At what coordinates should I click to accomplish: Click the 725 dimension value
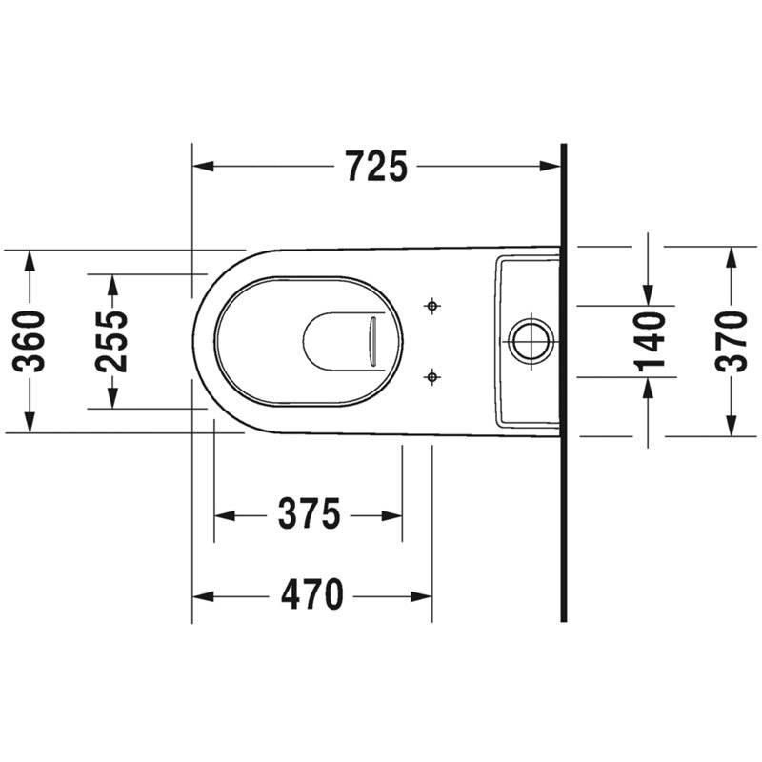tap(376, 166)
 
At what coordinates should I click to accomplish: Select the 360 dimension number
tap(30, 341)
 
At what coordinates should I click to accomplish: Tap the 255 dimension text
tap(112, 341)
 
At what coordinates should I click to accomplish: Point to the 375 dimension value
tap(309, 513)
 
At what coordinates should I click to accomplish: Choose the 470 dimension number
tap(312, 594)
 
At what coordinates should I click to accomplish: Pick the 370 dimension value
tap(731, 341)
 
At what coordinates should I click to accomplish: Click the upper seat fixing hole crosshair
tap(432, 306)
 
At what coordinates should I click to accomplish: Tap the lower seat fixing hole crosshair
tap(432, 376)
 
